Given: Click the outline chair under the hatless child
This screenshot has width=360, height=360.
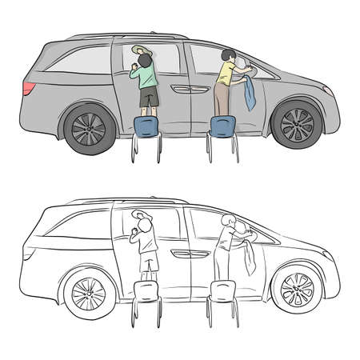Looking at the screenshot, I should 221,293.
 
